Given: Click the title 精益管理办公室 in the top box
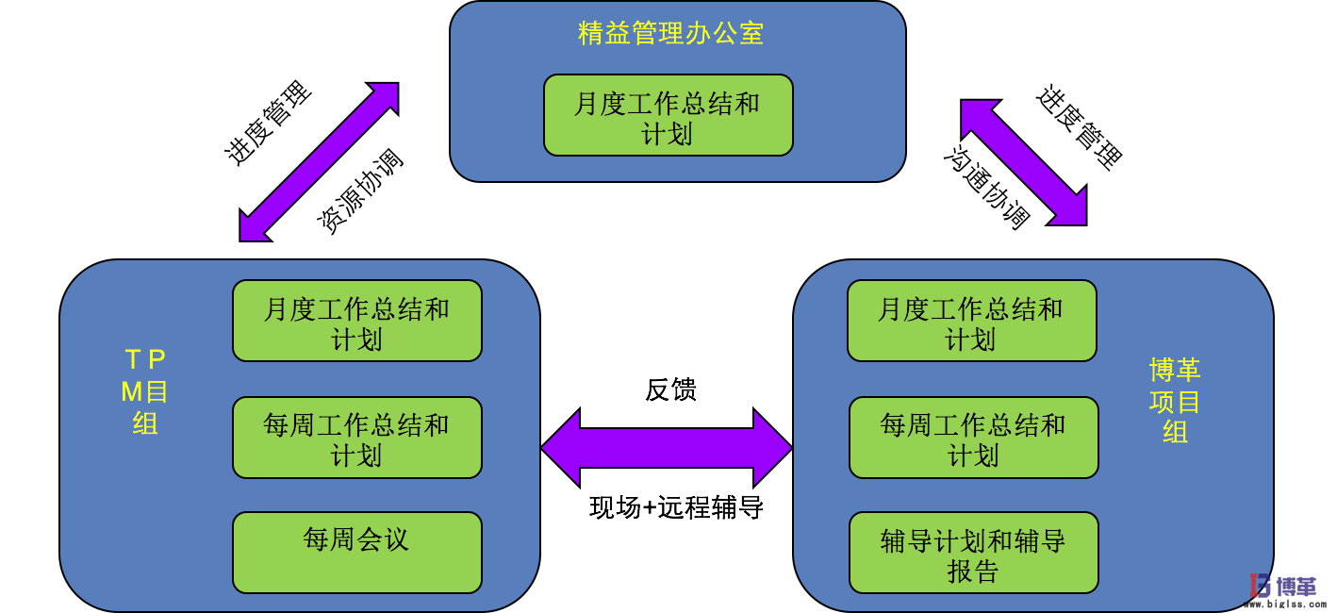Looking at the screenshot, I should pos(670,34).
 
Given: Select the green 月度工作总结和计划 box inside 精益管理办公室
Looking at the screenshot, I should pos(668,116).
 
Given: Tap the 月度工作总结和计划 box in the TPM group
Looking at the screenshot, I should pos(356,322).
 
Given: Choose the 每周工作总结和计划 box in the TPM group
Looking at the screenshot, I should pos(356,438).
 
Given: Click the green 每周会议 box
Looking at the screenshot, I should pos(356,553).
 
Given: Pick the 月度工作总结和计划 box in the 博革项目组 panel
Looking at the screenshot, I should pos(971,322).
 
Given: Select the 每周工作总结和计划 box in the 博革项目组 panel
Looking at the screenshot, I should pos(973,438).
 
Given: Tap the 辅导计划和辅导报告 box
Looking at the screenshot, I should pos(973,554).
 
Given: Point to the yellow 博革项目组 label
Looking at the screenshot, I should pos(1175,400).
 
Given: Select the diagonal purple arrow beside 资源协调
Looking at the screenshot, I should pos(319,162).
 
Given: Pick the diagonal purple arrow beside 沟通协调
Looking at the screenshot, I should pos(1024,162).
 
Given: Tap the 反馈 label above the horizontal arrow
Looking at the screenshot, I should pos(670,389).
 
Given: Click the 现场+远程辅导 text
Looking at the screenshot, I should pos(675,507).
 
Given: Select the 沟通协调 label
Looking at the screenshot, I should pos(986,188).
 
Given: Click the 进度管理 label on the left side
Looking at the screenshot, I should pos(269,124).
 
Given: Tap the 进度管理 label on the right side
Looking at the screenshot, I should pos(1081,127).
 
